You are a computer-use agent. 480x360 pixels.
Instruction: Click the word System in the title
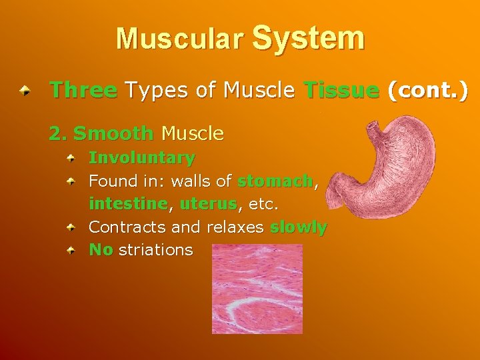[309, 38]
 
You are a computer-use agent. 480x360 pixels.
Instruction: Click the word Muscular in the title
[179, 39]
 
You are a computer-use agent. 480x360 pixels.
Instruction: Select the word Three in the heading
[83, 90]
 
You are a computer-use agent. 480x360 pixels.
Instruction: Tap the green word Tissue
[341, 90]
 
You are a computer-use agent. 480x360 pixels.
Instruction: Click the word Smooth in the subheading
[113, 133]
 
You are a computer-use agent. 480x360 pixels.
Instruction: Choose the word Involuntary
[142, 158]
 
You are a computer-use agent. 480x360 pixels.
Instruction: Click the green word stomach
[275, 181]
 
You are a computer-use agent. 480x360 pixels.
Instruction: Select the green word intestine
[128, 203]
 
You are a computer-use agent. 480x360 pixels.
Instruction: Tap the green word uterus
[208, 203]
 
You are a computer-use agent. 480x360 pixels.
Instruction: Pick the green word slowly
[298, 227]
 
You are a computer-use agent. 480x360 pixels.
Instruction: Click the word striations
[155, 250]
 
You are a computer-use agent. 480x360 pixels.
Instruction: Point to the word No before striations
[101, 250]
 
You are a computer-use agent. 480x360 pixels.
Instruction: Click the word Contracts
[127, 227]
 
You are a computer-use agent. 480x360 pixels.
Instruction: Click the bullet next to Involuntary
[77, 159]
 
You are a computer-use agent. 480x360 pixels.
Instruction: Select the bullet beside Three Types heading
[25, 90]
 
